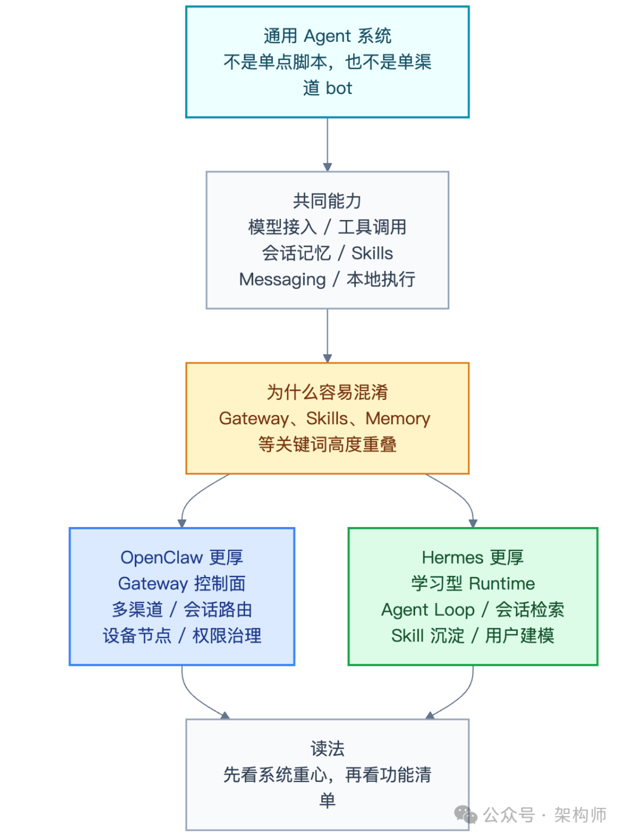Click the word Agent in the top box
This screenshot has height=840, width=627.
(327, 36)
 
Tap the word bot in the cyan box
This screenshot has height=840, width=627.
(339, 88)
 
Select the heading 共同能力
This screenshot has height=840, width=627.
(327, 201)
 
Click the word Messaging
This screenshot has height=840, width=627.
(282, 279)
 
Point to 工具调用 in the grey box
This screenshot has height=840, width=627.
(372, 227)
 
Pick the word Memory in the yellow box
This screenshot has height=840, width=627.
(398, 419)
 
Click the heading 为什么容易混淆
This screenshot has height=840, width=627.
(327, 392)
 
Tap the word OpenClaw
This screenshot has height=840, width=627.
(161, 557)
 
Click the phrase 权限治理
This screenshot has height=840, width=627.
(227, 636)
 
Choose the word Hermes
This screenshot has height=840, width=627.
(452, 557)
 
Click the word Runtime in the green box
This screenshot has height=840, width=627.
(502, 583)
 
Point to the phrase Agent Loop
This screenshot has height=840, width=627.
(428, 610)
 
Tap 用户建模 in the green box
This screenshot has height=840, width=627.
(520, 636)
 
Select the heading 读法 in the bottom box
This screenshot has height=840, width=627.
(327, 749)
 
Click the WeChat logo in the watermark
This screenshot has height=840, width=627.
(466, 814)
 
